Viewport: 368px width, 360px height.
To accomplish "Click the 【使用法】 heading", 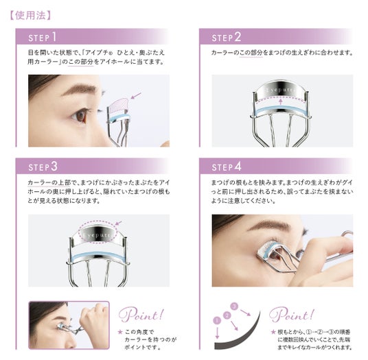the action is pos(30,16).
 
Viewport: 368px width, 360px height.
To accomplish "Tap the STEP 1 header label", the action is pos(43,37).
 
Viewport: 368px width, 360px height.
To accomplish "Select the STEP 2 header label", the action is pos(227,37).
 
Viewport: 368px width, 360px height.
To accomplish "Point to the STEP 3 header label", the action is pos(43,167).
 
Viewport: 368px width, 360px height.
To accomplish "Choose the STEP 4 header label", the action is pos(227,167).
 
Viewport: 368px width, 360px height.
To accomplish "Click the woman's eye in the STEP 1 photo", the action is pos(80,115).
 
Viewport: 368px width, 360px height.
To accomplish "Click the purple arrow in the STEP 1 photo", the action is pos(136,95).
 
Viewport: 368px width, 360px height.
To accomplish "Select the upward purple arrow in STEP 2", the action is pos(280,101).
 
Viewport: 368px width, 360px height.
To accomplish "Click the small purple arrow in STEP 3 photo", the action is pos(119,223).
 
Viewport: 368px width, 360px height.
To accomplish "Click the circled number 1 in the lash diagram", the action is pos(217,320).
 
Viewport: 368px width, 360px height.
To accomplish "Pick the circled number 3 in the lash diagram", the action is pos(234,306).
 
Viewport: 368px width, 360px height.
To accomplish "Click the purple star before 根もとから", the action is pos(273,332).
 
